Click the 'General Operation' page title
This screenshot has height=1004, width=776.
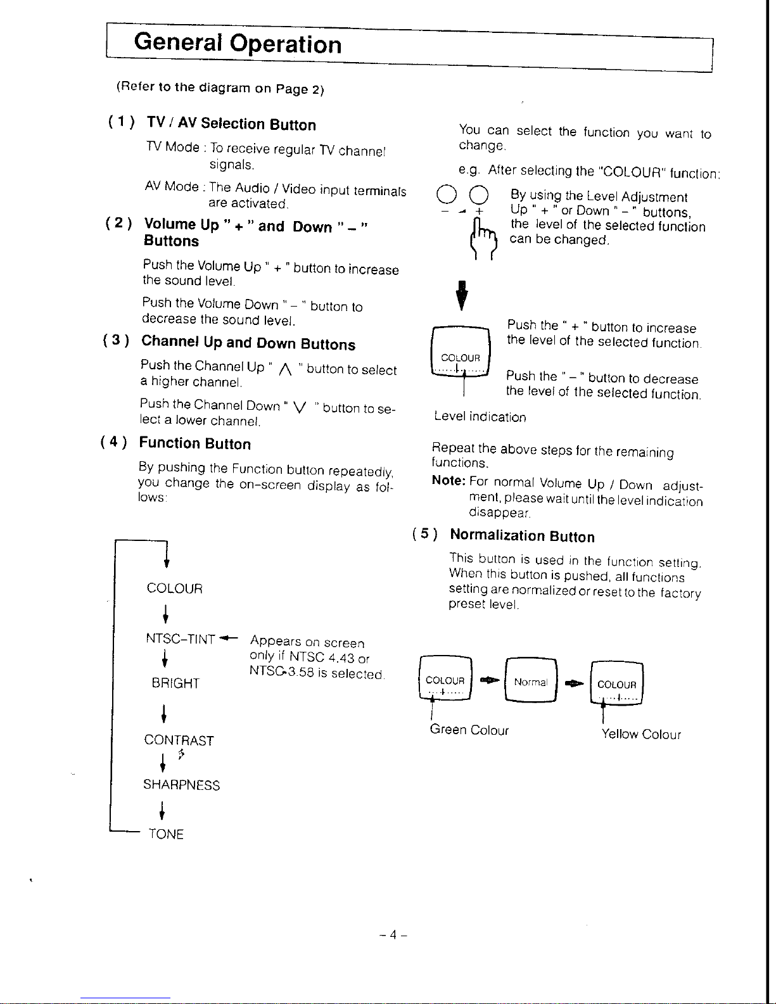[x=238, y=44]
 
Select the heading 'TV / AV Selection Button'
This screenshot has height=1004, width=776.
[x=231, y=124]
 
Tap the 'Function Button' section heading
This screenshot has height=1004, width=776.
[x=195, y=443]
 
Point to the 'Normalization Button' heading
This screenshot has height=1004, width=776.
[x=523, y=535]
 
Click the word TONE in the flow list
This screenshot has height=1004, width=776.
[x=166, y=834]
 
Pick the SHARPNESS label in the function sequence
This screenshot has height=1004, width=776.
[x=182, y=785]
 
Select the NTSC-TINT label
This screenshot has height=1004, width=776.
[x=181, y=639]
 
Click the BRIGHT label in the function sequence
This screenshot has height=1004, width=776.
[x=175, y=683]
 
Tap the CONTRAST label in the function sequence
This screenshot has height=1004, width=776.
[x=179, y=740]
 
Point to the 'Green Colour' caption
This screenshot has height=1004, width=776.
[x=469, y=730]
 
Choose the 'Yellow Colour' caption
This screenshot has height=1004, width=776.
[x=641, y=734]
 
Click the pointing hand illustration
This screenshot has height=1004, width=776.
[x=483, y=238]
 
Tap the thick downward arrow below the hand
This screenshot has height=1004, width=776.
[x=461, y=295]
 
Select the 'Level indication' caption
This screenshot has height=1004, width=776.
[x=480, y=416]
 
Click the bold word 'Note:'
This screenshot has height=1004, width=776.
[x=448, y=481]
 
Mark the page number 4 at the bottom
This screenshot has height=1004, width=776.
[x=393, y=935]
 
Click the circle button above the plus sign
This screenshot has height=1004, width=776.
[x=479, y=194]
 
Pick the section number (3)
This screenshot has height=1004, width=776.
[x=116, y=340]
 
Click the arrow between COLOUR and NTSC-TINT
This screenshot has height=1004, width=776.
[x=165, y=614]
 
